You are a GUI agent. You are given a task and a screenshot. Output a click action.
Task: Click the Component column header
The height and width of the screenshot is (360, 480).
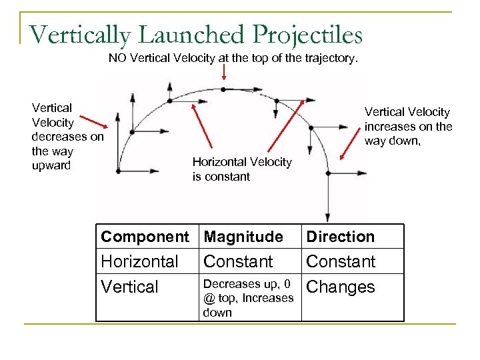[145, 237]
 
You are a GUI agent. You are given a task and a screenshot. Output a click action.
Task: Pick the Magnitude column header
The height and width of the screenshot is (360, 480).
[243, 237]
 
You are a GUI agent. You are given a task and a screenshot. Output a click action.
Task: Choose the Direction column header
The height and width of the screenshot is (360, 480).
[340, 237]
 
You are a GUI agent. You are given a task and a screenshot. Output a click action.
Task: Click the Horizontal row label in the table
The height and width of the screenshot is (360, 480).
[139, 261]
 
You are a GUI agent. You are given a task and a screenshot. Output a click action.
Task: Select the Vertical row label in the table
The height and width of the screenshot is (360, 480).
[129, 287]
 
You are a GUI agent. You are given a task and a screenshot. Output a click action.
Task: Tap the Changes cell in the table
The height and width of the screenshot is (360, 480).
[340, 287]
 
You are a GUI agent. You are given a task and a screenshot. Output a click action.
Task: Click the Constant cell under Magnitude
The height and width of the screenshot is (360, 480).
[238, 261]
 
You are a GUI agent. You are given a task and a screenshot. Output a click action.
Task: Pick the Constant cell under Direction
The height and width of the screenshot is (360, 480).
[341, 261]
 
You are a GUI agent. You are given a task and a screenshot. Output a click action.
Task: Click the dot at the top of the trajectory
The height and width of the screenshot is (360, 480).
[223, 89]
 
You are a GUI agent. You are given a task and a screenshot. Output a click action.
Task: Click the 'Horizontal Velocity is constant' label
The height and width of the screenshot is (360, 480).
[241, 169]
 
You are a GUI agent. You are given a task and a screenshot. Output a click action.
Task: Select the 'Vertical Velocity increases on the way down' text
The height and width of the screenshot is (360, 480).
[408, 126]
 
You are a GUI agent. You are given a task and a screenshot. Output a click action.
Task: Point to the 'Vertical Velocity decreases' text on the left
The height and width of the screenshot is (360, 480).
[67, 136]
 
